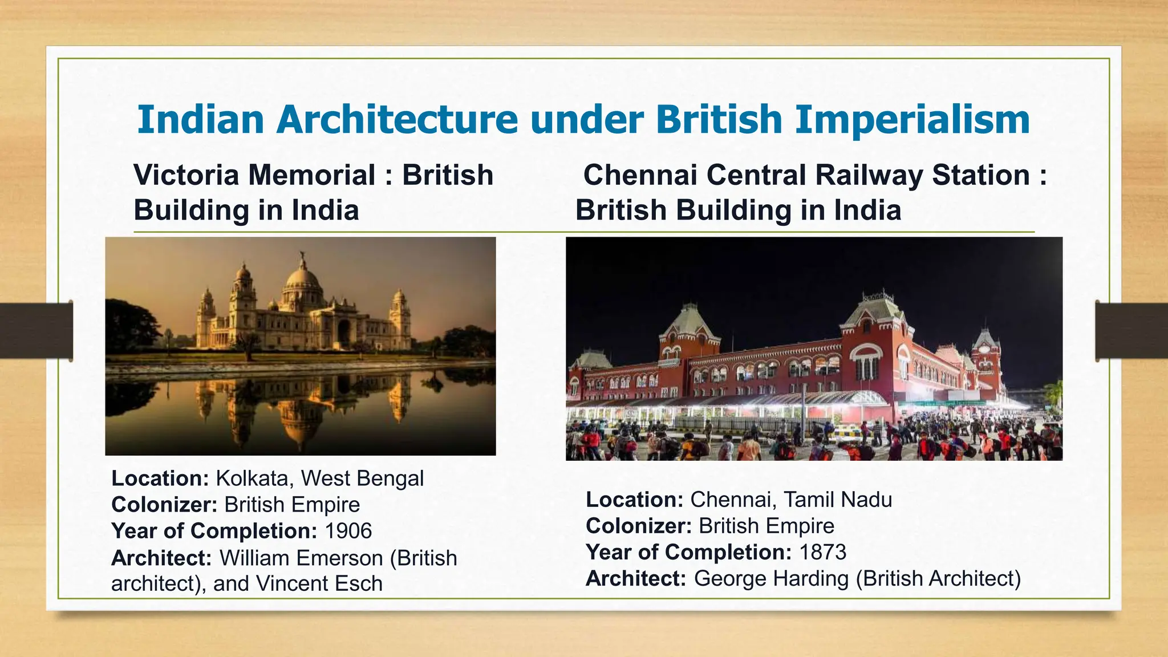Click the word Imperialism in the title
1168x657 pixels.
pyautogui.click(x=912, y=120)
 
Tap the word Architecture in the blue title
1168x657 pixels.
pyautogui.click(x=398, y=120)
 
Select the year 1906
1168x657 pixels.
pyautogui.click(x=348, y=531)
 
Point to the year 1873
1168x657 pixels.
pyautogui.click(x=822, y=552)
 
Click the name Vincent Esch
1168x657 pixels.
pyautogui.click(x=319, y=583)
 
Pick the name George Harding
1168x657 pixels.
pyautogui.click(x=771, y=578)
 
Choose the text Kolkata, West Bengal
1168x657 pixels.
pyautogui.click(x=319, y=478)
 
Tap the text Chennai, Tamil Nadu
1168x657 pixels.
pyautogui.click(x=790, y=500)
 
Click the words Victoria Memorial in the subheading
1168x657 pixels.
pyautogui.click(x=254, y=175)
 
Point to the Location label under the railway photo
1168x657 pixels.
pyautogui.click(x=634, y=500)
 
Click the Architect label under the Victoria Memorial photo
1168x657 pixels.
pyautogui.click(x=161, y=558)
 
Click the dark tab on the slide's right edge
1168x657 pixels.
pyautogui.click(x=1131, y=331)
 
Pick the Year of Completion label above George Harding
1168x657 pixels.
pyautogui.click(x=688, y=552)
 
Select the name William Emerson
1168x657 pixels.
pyautogui.click(x=301, y=558)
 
